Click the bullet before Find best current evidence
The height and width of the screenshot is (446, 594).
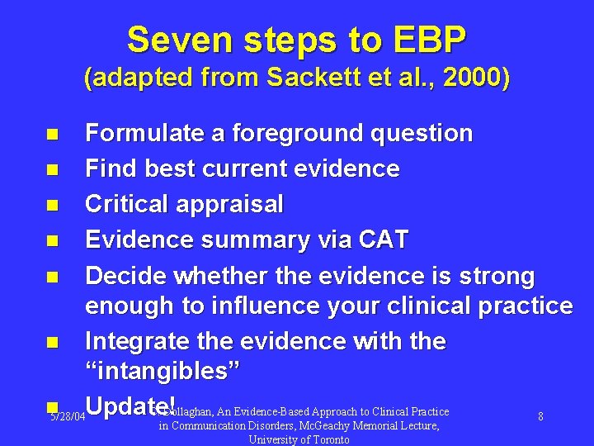[52, 169]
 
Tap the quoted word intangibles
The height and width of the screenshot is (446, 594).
[163, 372]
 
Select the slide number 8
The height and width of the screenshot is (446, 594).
[540, 417]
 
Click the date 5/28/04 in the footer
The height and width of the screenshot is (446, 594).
[67, 418]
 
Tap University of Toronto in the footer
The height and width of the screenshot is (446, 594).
[299, 439]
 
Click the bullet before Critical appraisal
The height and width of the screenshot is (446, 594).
[52, 205]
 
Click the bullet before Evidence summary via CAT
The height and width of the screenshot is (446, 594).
[52, 240]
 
